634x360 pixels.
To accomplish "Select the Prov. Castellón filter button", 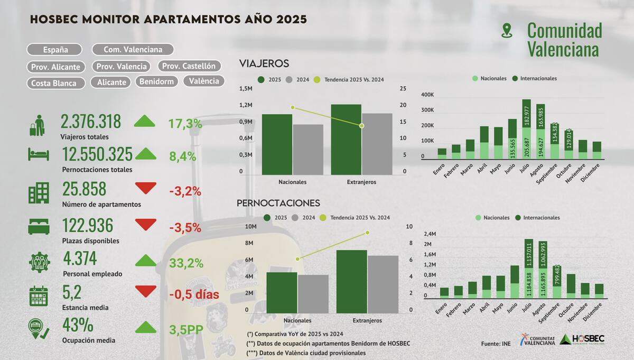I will coord(189,66).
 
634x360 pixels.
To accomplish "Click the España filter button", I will coord(55,50).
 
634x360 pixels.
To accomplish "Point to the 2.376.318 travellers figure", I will coord(91,122).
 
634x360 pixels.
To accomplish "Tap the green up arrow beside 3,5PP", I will coord(146,327).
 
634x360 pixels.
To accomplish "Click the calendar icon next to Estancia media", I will coord(38,296).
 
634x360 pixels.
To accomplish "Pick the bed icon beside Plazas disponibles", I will coord(39,226).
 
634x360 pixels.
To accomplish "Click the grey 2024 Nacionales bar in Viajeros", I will coord(307,150).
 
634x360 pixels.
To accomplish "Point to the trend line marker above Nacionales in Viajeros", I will coord(292,108).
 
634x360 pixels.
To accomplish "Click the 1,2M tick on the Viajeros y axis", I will coord(246,105).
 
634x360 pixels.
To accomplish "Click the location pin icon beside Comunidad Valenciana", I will coord(507,31).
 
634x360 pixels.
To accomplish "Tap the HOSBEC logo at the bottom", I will coord(582,339).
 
